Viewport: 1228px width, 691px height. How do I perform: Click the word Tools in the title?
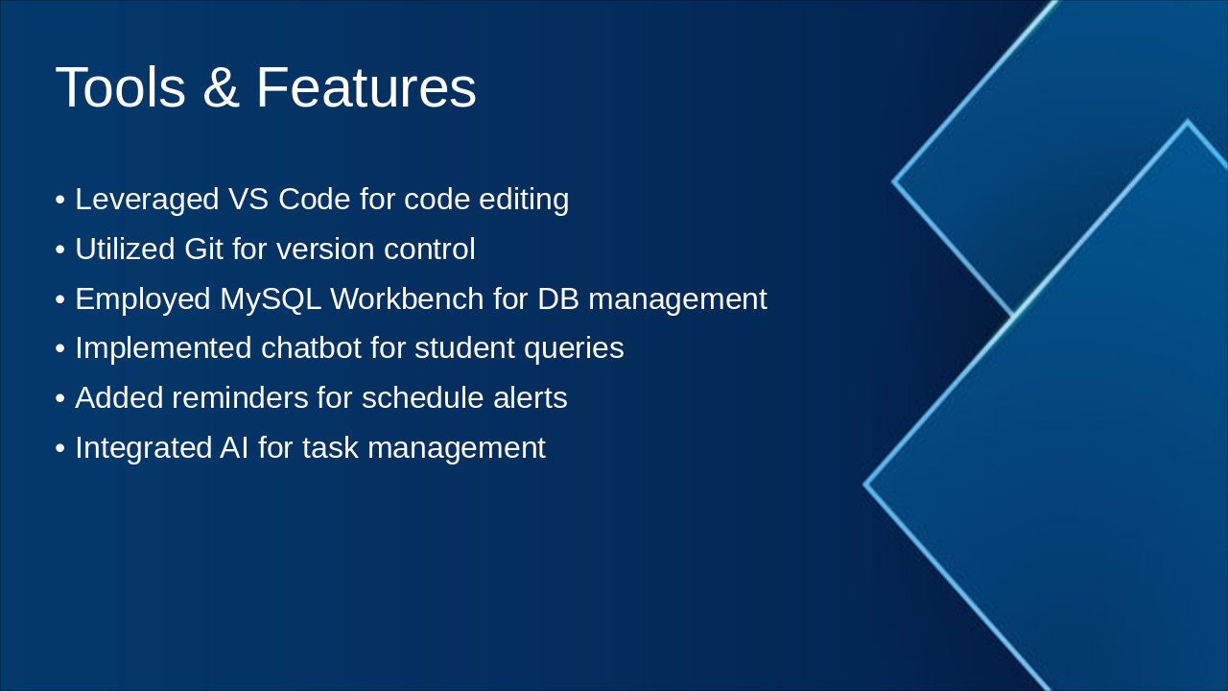(x=121, y=87)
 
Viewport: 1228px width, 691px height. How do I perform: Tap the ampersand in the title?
(x=221, y=87)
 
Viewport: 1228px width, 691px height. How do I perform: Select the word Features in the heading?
(x=366, y=87)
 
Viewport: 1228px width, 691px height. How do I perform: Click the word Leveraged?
(x=147, y=199)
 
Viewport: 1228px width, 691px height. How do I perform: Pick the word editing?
(x=524, y=199)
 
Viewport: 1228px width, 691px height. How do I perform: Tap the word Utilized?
(x=125, y=249)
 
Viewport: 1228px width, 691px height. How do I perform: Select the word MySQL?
(x=271, y=299)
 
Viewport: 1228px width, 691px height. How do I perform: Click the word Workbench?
(x=407, y=298)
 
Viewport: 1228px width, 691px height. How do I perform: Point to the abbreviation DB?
(x=557, y=298)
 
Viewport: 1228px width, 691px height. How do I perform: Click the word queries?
(x=574, y=348)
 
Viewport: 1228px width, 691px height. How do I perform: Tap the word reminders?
(x=240, y=397)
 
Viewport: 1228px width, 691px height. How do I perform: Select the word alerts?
(x=531, y=397)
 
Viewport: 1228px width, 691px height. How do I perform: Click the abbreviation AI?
(x=234, y=447)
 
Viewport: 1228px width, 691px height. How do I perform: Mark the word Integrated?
(x=144, y=448)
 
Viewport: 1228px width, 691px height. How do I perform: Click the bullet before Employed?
(x=60, y=299)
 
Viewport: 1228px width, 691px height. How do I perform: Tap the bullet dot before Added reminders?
(x=60, y=398)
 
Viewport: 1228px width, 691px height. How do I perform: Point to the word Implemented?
(x=163, y=348)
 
